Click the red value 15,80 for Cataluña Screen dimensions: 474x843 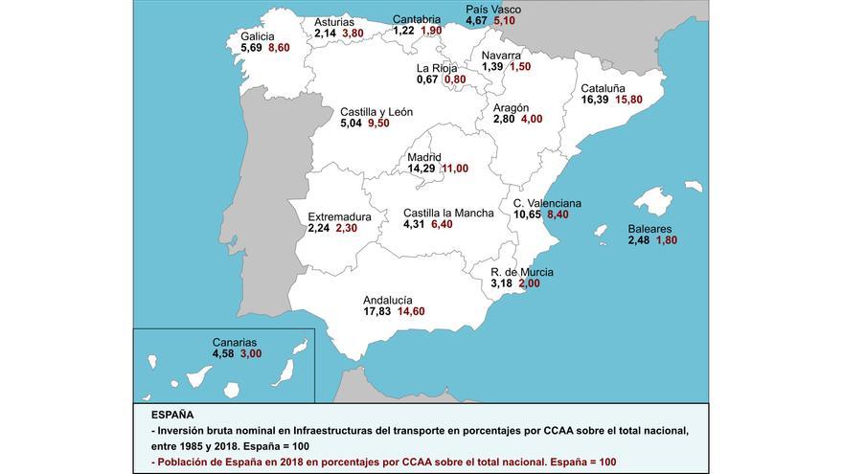click(628, 100)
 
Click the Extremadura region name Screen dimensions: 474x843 click(340, 216)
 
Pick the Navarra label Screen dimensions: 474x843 click(502, 55)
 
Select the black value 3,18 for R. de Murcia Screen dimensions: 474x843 click(502, 283)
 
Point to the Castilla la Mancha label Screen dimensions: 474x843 click(448, 213)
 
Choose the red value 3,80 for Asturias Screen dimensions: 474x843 click(354, 33)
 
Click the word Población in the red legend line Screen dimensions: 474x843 click(183, 462)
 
